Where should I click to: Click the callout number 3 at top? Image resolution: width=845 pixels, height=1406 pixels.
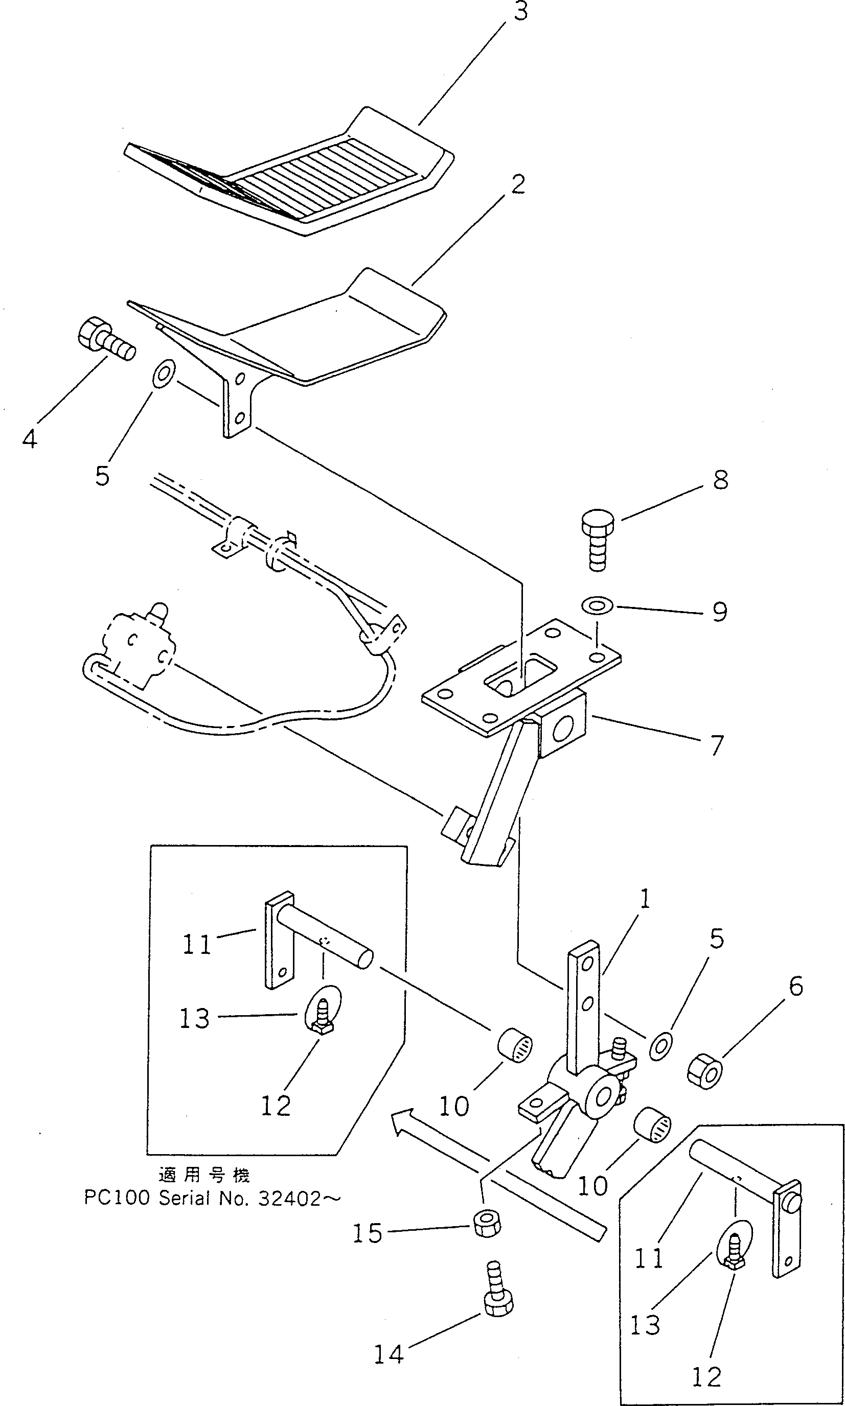[x=520, y=11]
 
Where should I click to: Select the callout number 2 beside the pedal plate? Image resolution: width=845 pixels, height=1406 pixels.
[x=517, y=184]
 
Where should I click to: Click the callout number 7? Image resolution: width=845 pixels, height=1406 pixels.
[x=717, y=745]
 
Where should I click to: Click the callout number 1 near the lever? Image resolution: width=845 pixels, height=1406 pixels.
[x=644, y=900]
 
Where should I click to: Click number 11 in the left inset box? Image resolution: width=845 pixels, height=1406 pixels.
[x=196, y=945]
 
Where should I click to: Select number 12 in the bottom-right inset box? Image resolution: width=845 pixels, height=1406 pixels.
[x=706, y=1372]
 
